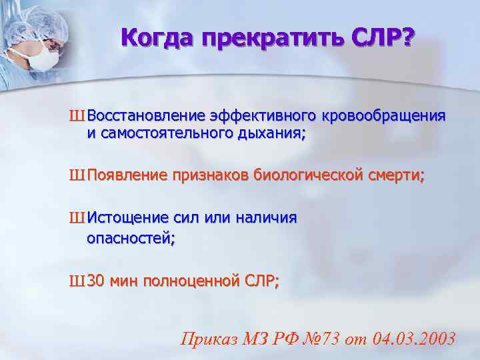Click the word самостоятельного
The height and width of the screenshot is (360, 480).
pyautogui.click(x=167, y=133)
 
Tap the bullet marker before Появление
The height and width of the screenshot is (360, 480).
pyautogui.click(x=76, y=176)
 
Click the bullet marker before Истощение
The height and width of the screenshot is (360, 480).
pyautogui.click(x=76, y=218)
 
